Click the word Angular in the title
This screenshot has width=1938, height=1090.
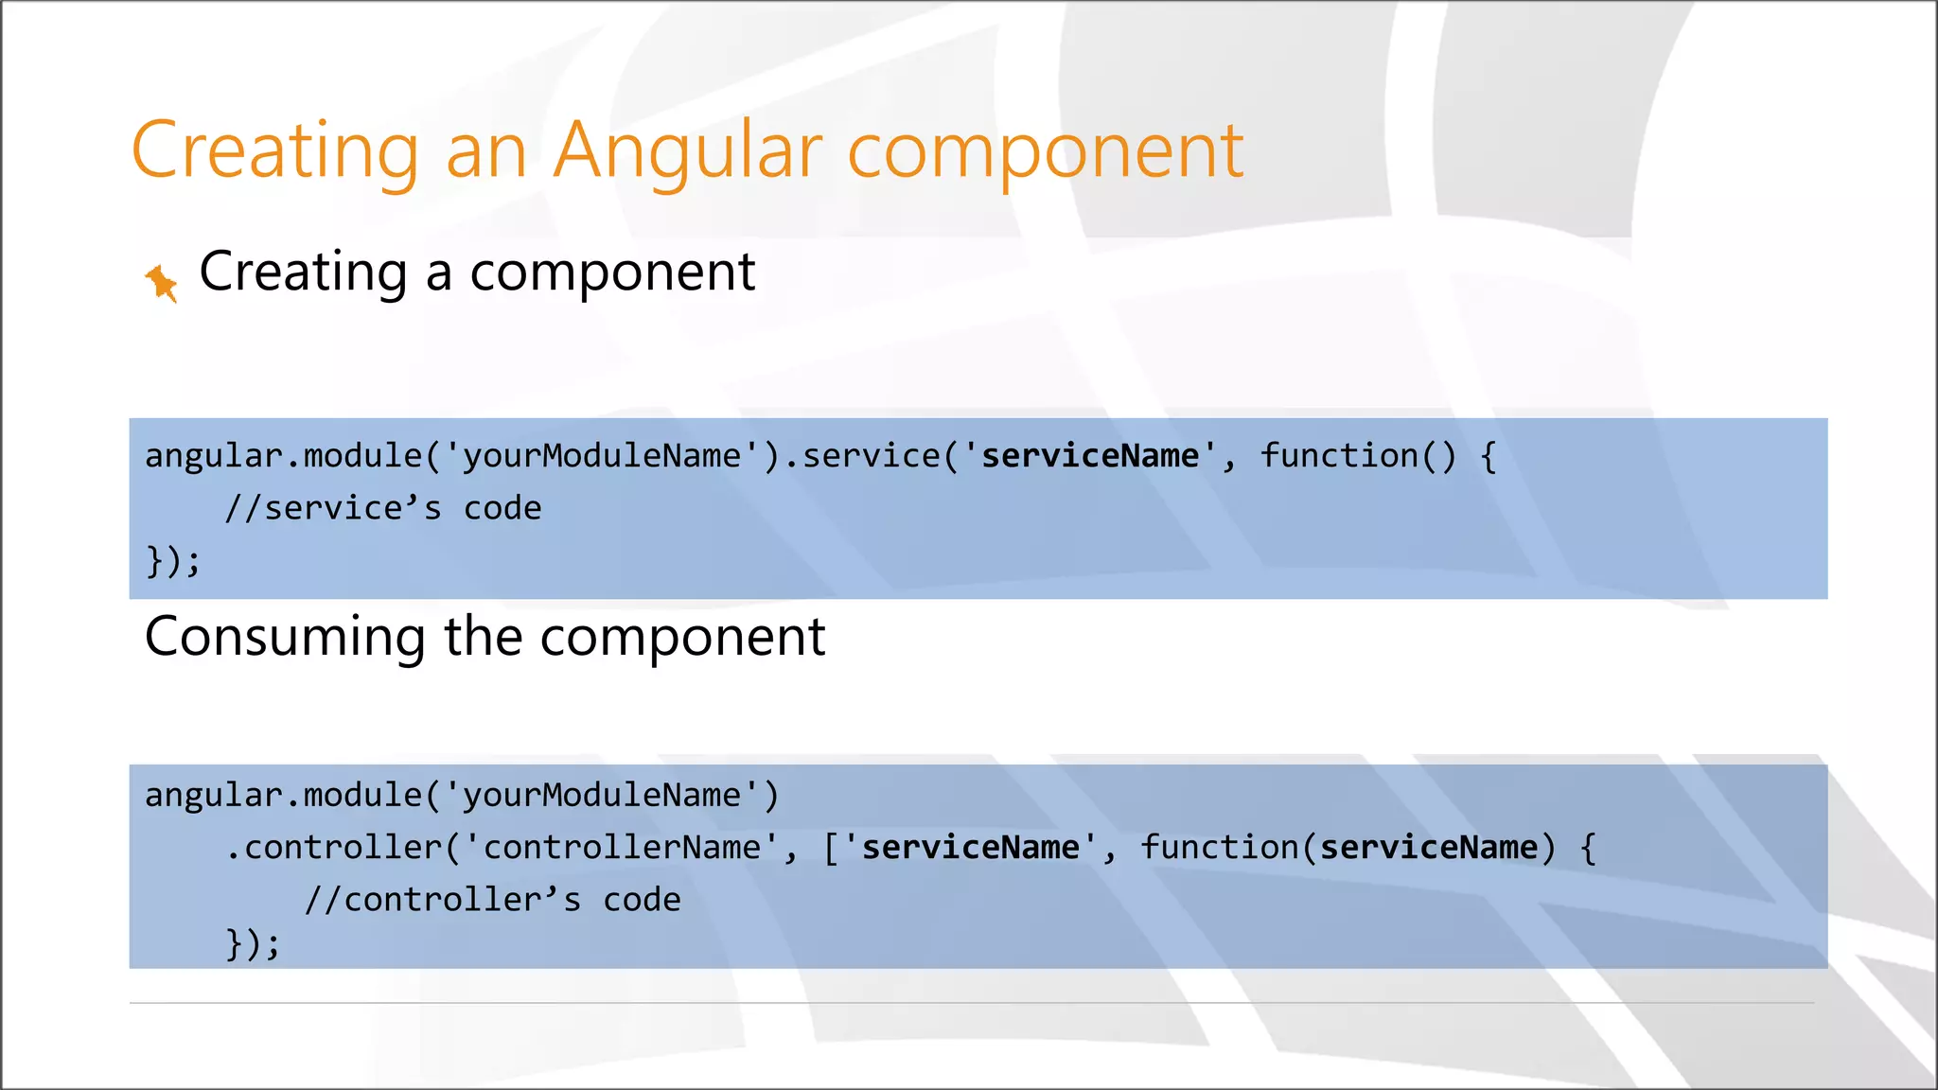click(688, 151)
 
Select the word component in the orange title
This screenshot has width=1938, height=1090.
click(1045, 151)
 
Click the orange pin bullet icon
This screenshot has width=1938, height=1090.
click(161, 282)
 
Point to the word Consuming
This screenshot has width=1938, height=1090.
click(285, 637)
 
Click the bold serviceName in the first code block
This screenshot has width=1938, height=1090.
click(1089, 456)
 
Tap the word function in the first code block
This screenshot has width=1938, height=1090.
click(1338, 456)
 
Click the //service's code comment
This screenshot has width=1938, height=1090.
click(383, 509)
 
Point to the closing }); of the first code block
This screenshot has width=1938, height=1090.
click(173, 561)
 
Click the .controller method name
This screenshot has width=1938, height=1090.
click(344, 848)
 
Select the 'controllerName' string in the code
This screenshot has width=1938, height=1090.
click(623, 848)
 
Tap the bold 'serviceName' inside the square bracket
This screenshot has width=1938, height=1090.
click(970, 848)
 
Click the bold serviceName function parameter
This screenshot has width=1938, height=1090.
click(1428, 848)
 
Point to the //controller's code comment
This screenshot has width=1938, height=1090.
click(492, 900)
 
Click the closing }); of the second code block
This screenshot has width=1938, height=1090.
click(253, 944)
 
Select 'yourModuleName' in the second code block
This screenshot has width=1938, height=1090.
click(602, 796)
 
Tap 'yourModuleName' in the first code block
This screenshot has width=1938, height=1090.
click(602, 456)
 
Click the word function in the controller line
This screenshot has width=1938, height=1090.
click(1219, 848)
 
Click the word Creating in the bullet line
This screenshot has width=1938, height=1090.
click(303, 272)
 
